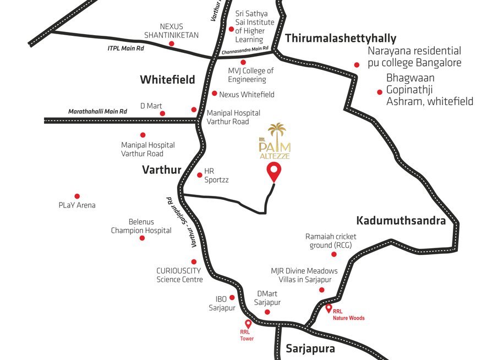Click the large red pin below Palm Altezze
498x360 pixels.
(x=273, y=172)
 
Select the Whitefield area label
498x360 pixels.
(x=167, y=80)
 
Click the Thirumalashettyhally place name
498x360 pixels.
(x=341, y=38)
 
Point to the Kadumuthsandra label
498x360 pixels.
(x=401, y=221)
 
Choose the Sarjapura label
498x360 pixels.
(x=310, y=348)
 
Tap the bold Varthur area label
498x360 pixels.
(x=162, y=170)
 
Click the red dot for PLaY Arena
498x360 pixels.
(x=77, y=196)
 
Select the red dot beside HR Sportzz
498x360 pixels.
(x=199, y=175)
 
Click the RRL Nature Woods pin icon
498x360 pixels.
(x=329, y=308)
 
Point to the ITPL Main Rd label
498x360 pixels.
(x=125, y=49)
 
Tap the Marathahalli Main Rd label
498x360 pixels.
(x=97, y=111)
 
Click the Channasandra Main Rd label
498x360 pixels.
(x=245, y=51)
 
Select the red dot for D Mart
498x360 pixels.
(x=162, y=113)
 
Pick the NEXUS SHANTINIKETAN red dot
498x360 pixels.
(x=171, y=43)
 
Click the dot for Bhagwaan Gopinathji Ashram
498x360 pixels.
(x=379, y=92)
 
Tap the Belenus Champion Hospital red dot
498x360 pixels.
(x=142, y=238)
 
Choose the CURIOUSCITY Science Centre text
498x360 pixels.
(x=179, y=275)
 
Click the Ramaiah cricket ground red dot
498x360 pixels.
(x=335, y=254)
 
